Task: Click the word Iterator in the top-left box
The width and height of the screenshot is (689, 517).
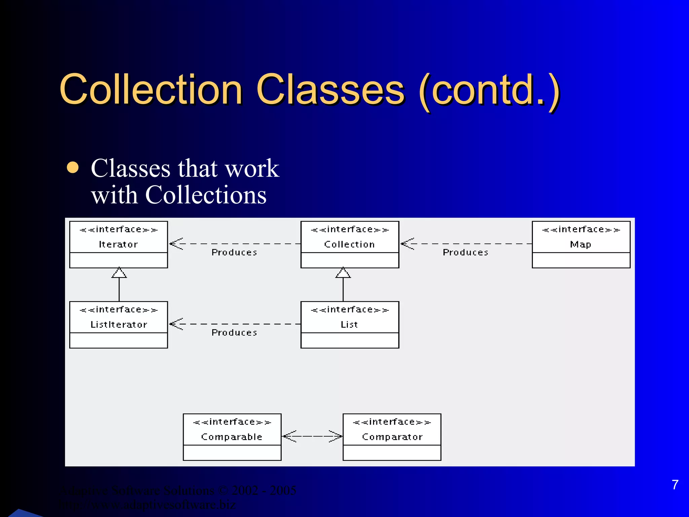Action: pos(118,244)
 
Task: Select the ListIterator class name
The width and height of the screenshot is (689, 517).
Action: pos(119,324)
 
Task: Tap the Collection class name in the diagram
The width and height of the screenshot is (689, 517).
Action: pos(350,244)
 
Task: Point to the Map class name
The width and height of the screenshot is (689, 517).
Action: pos(581,244)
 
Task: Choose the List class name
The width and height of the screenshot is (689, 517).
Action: pos(349,324)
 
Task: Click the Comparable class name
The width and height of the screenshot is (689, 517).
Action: pos(232,437)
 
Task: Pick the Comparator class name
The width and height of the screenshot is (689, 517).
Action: pos(392,437)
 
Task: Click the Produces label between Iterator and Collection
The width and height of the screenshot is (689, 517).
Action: pos(234,252)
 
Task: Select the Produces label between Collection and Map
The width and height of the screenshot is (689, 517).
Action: pos(465,252)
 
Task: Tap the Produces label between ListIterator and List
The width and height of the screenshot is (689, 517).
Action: pos(234,333)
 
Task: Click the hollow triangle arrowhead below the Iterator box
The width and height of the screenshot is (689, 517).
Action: pos(119,273)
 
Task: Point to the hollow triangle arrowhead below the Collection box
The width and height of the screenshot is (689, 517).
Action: pos(343,273)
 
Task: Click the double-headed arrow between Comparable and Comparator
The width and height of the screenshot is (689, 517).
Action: pos(312,436)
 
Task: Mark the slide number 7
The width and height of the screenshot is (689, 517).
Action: pos(675,485)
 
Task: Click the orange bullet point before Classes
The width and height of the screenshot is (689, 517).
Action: pos(73,168)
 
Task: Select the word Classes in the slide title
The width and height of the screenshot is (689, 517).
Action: pos(330,90)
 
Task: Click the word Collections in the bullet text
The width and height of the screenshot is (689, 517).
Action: pos(206,195)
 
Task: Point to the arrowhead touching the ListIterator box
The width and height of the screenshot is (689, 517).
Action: pos(176,324)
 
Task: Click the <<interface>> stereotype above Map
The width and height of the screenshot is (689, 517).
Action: pos(581,230)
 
